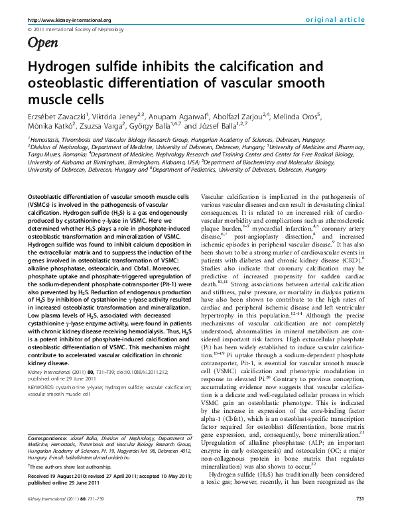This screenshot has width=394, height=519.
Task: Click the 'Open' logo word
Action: (x=42, y=44)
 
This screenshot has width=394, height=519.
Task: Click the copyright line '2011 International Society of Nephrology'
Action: (x=73, y=30)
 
